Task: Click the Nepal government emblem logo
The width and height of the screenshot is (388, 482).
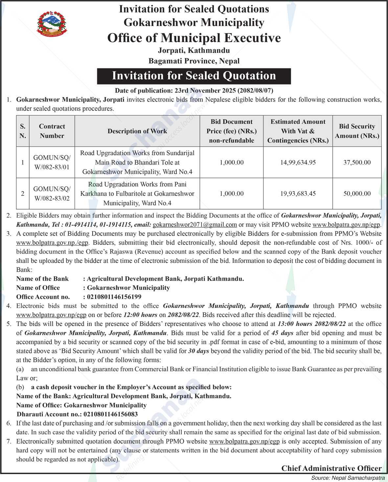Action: pos(52,24)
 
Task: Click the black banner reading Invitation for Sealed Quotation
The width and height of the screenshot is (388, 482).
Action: pos(194,76)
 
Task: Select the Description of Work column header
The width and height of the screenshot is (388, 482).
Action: pos(137,131)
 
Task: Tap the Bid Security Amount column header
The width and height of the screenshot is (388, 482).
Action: pos(357,131)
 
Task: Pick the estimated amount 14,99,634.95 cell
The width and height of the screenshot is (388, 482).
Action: pos(298,163)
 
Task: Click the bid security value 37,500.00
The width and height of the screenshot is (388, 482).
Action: pos(357,163)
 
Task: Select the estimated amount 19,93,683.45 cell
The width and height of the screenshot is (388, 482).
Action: pos(298,194)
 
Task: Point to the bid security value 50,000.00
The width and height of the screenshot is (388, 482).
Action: pos(357,194)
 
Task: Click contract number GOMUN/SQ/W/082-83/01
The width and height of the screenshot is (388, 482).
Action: pos(52,163)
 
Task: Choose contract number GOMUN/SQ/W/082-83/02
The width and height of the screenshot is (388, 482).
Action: pos(52,194)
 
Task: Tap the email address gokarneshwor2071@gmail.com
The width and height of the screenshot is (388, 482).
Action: pos(195,225)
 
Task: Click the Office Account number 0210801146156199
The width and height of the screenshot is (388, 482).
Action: pos(114,297)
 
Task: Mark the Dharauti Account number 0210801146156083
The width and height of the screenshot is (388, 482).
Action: pos(111,414)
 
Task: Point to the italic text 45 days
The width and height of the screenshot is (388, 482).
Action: pos(283,333)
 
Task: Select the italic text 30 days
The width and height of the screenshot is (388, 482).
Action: pos(198,351)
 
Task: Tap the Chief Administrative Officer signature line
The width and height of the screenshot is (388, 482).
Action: pos(331,468)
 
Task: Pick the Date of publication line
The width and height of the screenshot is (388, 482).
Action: pos(194,90)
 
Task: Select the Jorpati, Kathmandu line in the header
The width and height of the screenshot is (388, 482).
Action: pos(194,51)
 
